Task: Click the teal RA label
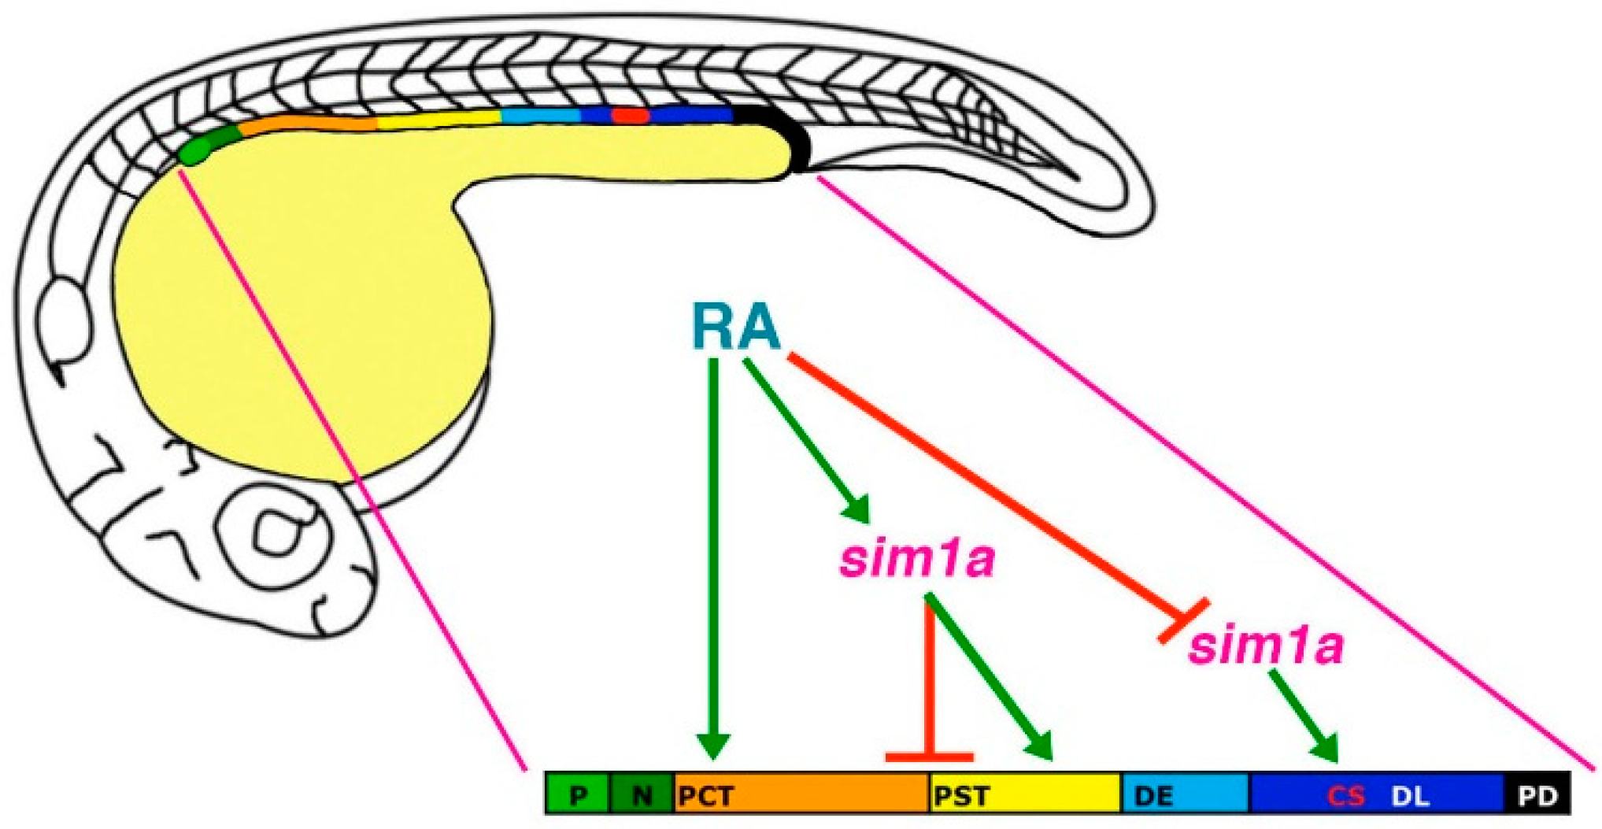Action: [x=735, y=326]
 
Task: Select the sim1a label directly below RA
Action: [x=917, y=560]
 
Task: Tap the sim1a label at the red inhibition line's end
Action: [x=1265, y=646]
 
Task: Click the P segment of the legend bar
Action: [x=578, y=794]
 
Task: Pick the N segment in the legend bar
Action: [x=642, y=794]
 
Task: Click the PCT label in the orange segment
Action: [x=706, y=796]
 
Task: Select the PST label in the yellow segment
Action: [x=961, y=796]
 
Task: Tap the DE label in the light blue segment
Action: [x=1154, y=796]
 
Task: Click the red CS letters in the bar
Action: [x=1345, y=796]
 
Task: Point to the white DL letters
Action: [x=1410, y=796]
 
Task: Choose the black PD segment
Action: [x=1537, y=794]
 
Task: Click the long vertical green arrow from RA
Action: [x=713, y=551]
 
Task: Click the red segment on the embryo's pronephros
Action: [x=630, y=116]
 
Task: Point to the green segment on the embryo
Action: [x=206, y=145]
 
